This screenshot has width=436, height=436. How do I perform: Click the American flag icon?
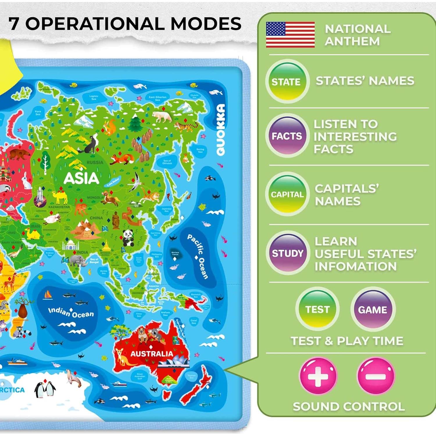tap(290, 35)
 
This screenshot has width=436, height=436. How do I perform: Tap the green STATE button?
tap(287, 82)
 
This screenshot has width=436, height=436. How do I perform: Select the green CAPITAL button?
tap(287, 194)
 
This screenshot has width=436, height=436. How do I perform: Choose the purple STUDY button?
tap(287, 253)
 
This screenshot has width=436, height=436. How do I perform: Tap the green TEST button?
tap(317, 309)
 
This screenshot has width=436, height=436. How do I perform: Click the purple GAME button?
tap(372, 310)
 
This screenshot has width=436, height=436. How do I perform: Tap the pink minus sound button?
tap(375, 376)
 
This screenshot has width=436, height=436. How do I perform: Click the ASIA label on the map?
tap(81, 178)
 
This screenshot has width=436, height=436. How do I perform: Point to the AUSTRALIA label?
tap(151, 354)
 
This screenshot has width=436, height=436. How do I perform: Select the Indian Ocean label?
tap(71, 312)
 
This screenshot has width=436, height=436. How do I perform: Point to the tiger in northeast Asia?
tap(185, 126)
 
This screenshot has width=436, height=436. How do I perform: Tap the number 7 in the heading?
tap(14, 24)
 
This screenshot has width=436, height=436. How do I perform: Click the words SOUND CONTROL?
tap(349, 406)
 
